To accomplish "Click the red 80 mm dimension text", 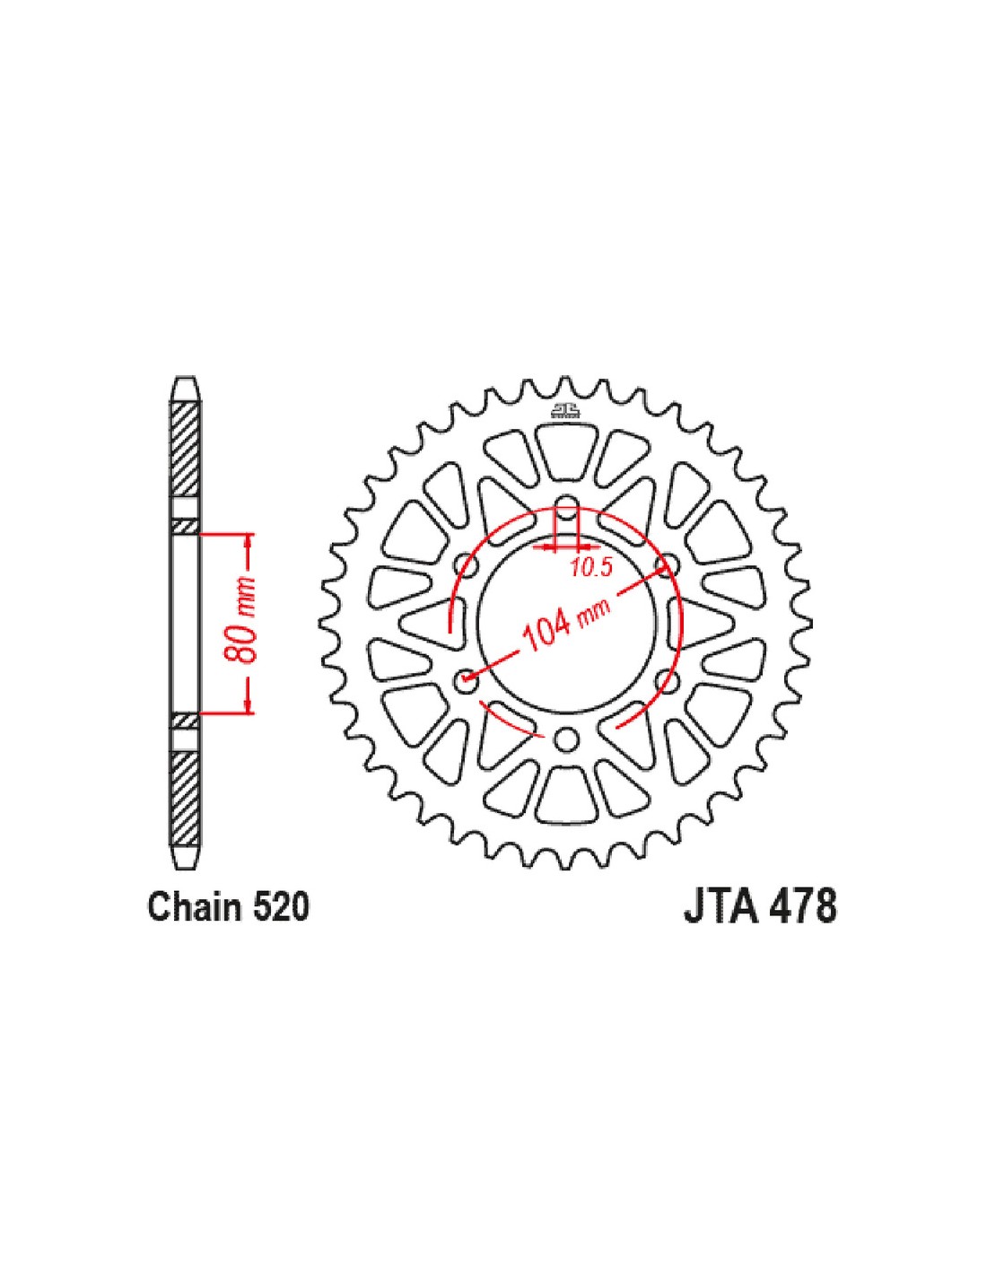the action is (240, 625).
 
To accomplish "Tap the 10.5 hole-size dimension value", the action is (590, 568).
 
